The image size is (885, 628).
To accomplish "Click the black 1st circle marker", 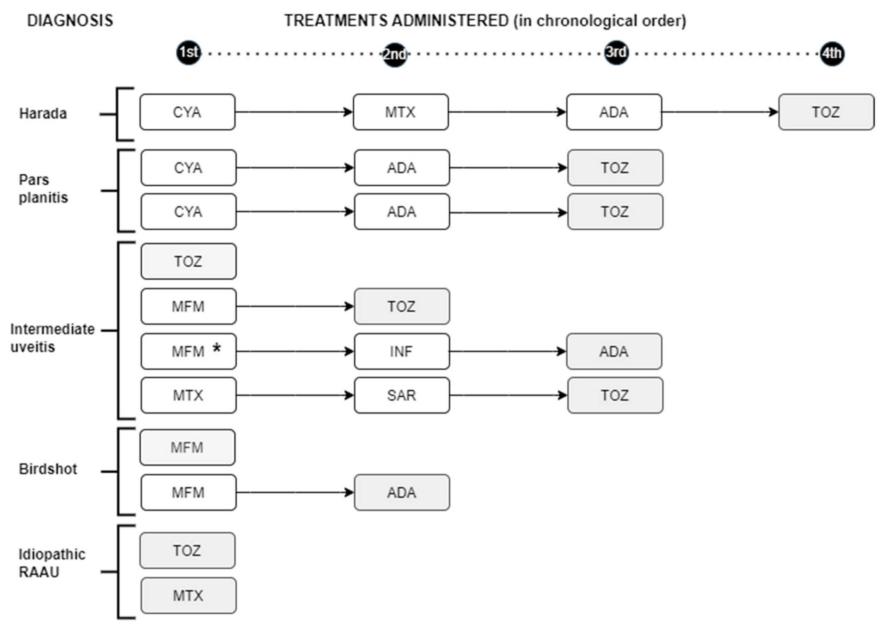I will [x=188, y=52].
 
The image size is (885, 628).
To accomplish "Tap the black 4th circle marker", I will [x=832, y=53].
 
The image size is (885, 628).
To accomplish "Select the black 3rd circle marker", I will [x=616, y=52].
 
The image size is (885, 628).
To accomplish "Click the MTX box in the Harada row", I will [x=401, y=112].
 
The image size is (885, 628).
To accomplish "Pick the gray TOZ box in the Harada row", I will [x=826, y=112].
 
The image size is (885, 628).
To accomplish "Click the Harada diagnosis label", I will [x=43, y=114].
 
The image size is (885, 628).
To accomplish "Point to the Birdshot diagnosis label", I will [x=48, y=469].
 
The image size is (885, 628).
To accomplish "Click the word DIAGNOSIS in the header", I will [x=70, y=20].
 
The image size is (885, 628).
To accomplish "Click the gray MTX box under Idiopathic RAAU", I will [x=188, y=596].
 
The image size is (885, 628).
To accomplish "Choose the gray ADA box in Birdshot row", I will [x=402, y=493].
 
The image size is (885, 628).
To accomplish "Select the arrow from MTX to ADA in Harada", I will [x=507, y=112].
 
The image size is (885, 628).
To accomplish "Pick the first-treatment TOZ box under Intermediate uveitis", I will [x=188, y=261].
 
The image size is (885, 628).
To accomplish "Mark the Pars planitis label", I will [x=43, y=189].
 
